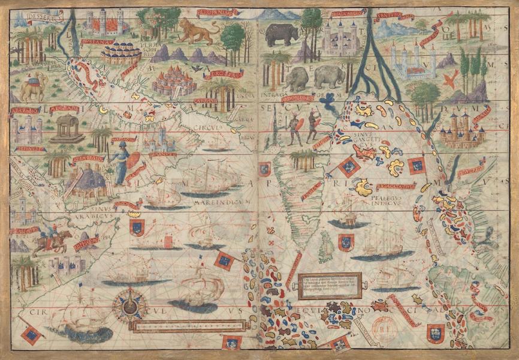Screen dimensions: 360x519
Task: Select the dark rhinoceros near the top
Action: [x=282, y=34]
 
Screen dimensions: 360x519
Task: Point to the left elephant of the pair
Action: [x=297, y=78]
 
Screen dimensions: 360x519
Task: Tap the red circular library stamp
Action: [x=384, y=327]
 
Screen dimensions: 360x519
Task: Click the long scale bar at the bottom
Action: [x=189, y=326]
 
